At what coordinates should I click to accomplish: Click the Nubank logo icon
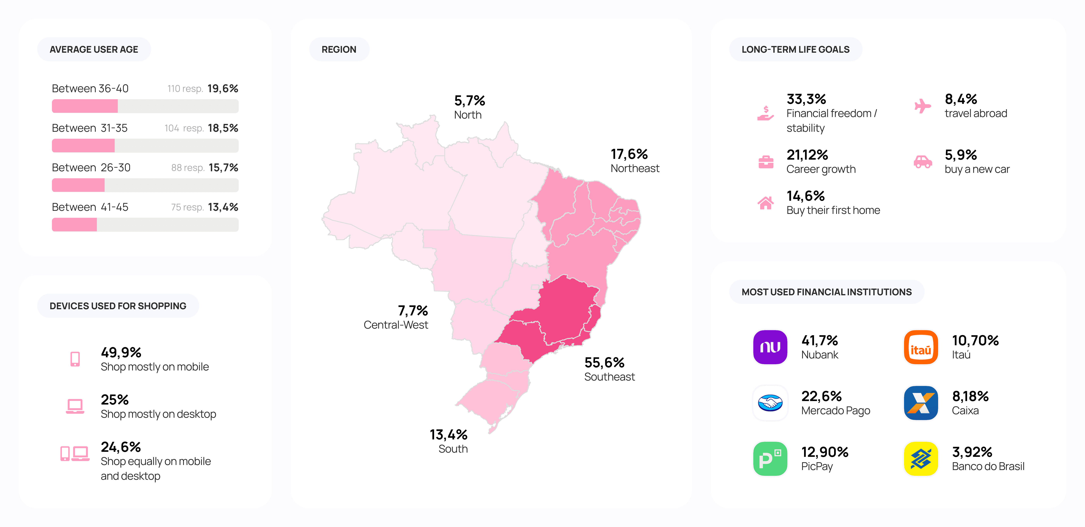click(x=770, y=347)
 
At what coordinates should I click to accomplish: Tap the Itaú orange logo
click(x=921, y=347)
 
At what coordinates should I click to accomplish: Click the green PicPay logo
click(x=770, y=459)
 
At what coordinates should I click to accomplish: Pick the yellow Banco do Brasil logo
click(x=921, y=459)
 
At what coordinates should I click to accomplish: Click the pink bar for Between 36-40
click(x=85, y=106)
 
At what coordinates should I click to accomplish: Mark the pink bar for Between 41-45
click(x=74, y=225)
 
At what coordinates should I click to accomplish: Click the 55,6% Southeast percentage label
click(x=604, y=362)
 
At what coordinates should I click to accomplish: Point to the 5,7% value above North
click(x=469, y=101)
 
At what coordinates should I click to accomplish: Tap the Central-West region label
click(x=395, y=325)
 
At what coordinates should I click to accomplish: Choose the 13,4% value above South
click(x=448, y=434)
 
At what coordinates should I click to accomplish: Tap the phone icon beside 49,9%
click(x=75, y=359)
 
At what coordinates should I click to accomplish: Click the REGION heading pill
click(x=339, y=49)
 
